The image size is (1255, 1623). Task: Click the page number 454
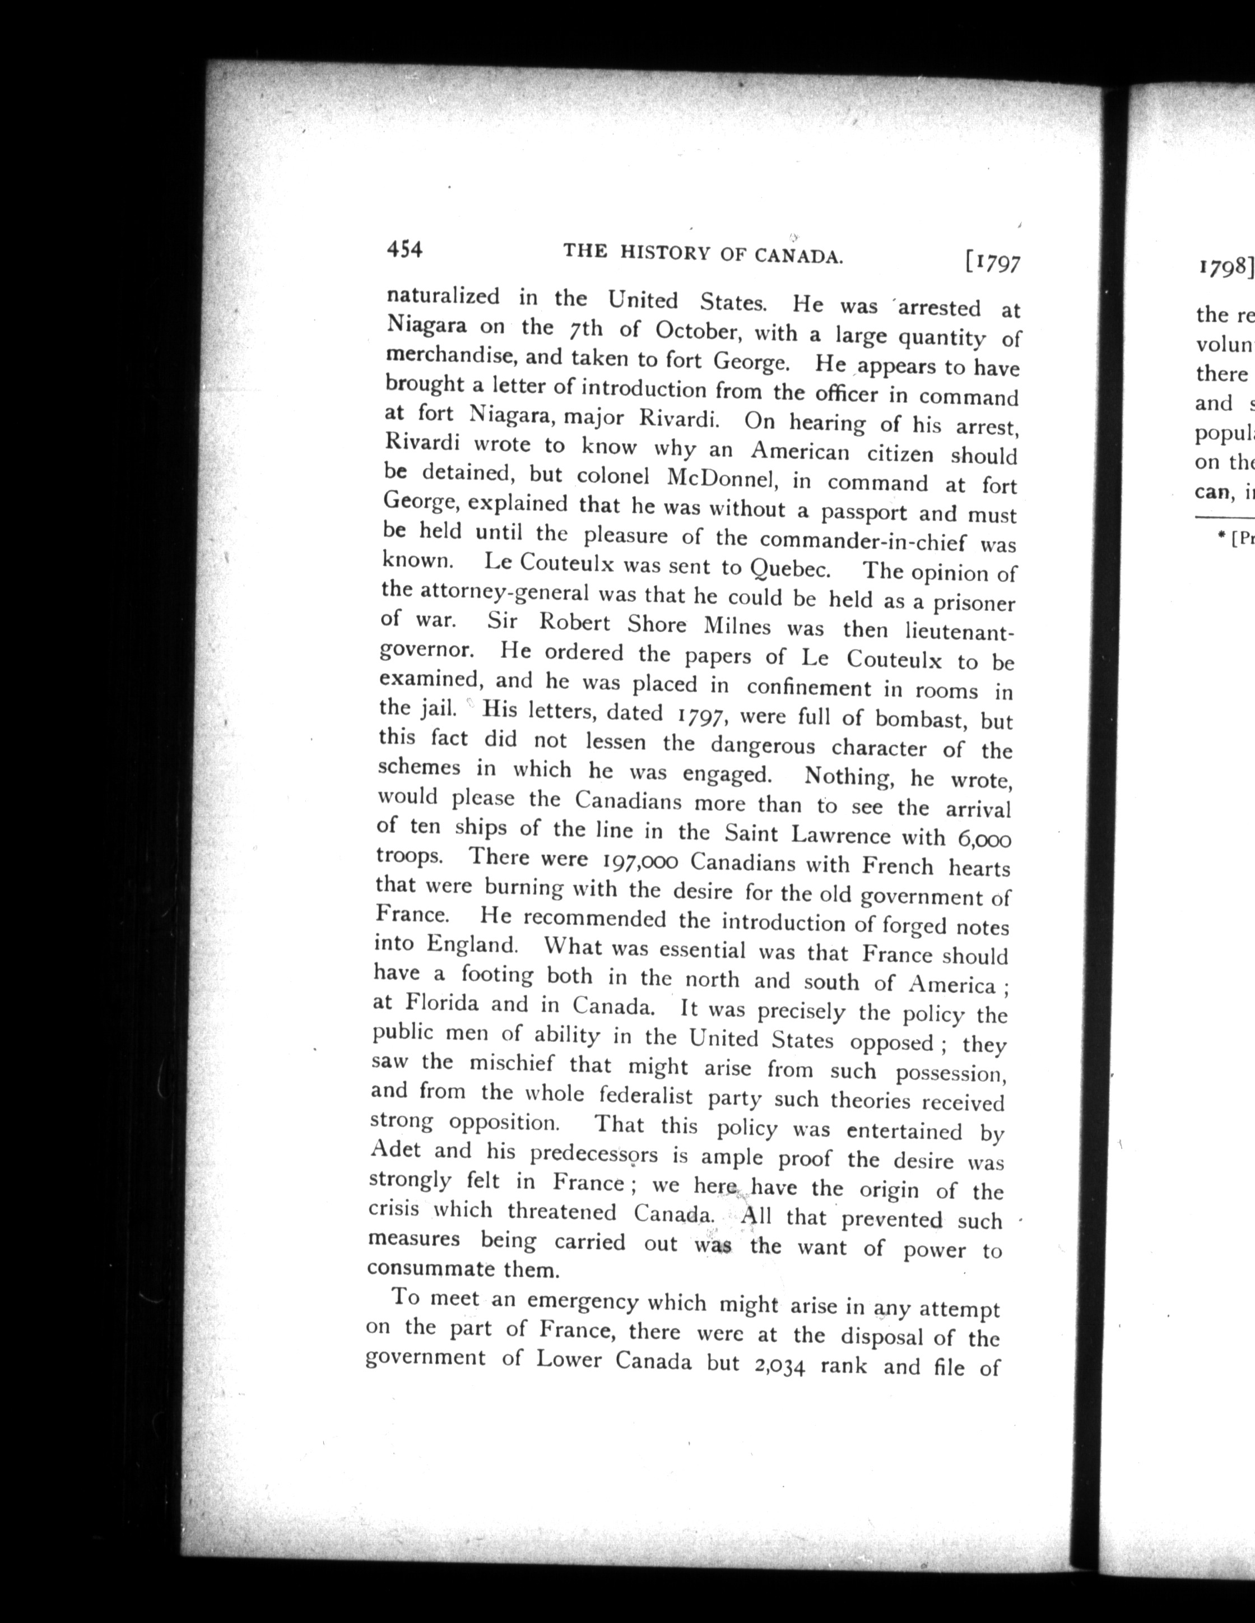point(404,251)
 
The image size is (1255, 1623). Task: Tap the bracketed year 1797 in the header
point(992,263)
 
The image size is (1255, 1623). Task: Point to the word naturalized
point(443,296)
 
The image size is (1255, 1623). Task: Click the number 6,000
point(984,839)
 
